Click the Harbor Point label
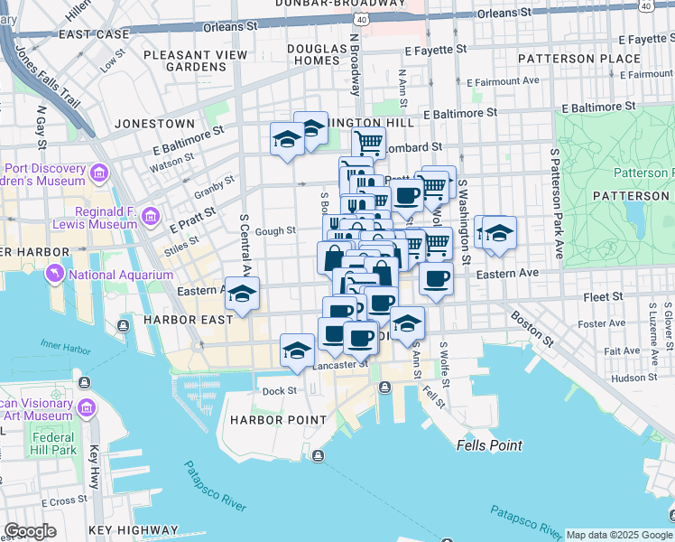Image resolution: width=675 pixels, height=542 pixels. point(277,420)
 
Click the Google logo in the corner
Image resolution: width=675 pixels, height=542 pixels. point(30,531)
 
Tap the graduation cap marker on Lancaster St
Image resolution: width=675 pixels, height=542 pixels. point(297,350)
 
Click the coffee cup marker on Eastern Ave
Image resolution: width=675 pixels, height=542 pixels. point(437,279)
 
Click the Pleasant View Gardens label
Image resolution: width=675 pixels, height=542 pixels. point(195,61)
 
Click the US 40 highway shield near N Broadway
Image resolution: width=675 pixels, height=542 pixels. point(362,18)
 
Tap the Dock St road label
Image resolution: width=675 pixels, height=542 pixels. point(279,391)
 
